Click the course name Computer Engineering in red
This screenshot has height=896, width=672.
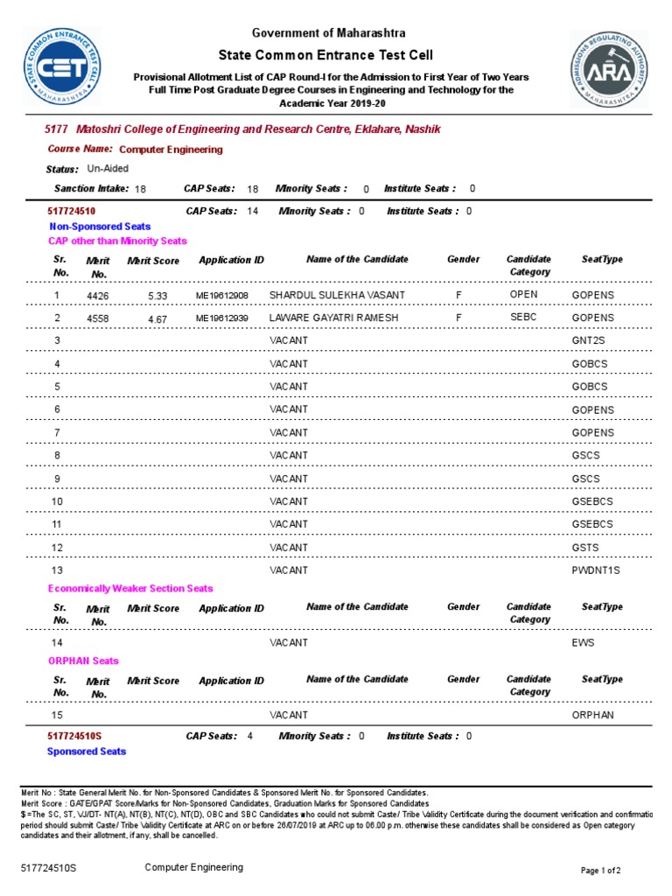171,150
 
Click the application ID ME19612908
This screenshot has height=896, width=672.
222,296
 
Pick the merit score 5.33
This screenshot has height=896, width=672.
157,297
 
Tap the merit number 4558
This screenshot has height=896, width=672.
98,318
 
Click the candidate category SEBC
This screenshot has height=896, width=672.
523,317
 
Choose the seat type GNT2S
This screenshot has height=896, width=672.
590,340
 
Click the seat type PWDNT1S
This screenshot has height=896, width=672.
595,570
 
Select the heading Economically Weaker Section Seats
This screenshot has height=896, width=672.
130,589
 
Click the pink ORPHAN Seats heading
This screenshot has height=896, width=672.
83,661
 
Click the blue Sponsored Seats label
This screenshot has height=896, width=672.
87,752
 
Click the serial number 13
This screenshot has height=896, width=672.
58,570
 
